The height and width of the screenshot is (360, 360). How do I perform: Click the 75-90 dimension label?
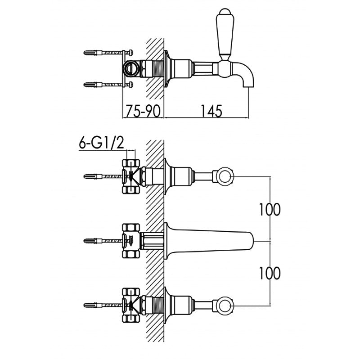(143, 111)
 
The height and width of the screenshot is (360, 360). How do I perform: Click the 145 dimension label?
(211, 111)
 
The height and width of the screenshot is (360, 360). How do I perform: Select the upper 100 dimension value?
(270, 209)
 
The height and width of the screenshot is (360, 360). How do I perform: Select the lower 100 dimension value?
(270, 273)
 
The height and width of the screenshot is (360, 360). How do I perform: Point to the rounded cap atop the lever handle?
(225, 12)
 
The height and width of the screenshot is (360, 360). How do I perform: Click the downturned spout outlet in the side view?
(245, 75)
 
